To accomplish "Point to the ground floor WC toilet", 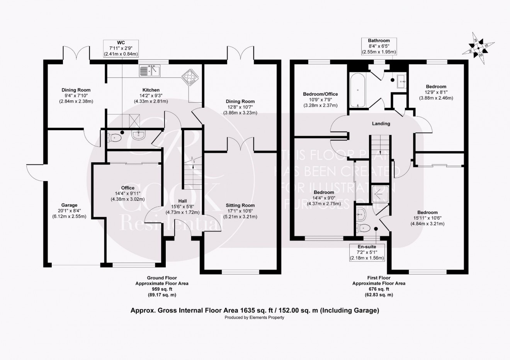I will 114,137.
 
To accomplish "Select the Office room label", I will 127,188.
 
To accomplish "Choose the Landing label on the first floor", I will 381,124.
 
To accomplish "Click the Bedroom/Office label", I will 320,94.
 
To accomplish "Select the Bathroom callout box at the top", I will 379,46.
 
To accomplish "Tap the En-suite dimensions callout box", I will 367,252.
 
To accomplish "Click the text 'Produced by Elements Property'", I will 255,318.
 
